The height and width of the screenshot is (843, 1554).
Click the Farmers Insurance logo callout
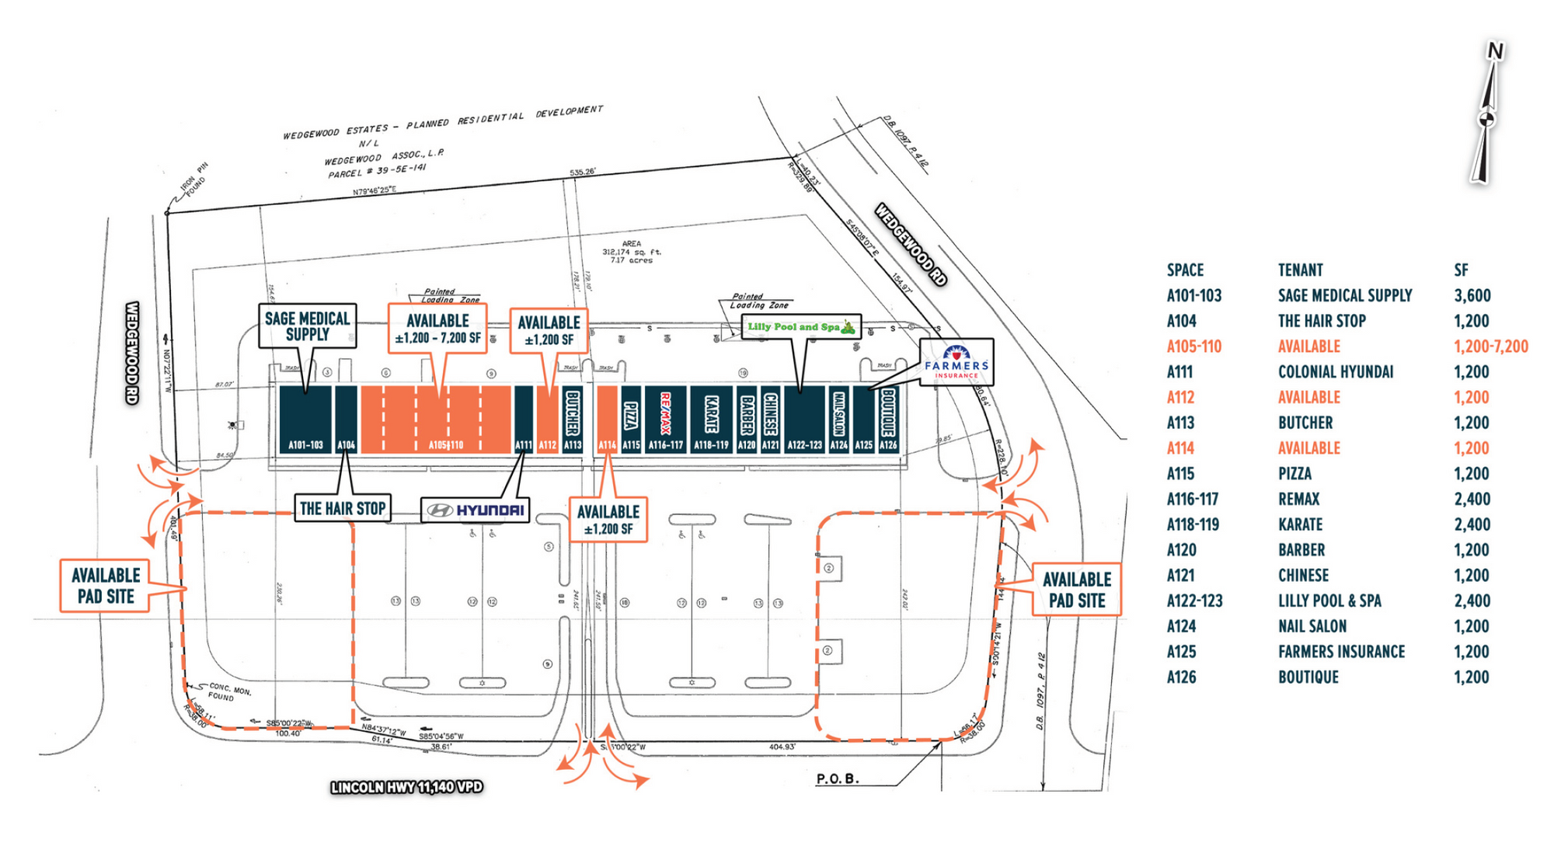coord(956,362)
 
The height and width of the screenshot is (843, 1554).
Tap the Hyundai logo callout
coord(476,510)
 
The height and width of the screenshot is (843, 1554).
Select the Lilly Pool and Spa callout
coord(801,327)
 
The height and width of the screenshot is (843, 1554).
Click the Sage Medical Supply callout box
coord(308,326)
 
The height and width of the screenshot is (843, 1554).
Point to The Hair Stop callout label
coord(343,509)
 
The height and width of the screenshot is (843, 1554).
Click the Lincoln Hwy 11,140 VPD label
coord(407,788)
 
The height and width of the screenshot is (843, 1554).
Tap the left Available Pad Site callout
coord(106,586)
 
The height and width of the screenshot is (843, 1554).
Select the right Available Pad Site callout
coord(1077,590)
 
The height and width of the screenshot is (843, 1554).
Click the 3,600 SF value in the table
coord(1472,296)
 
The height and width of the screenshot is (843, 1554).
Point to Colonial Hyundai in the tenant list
coord(1336,372)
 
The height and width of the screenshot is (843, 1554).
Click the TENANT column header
coord(1300,270)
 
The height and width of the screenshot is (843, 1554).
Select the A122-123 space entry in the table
coord(1194,601)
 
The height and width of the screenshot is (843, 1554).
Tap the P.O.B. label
coord(838,779)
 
